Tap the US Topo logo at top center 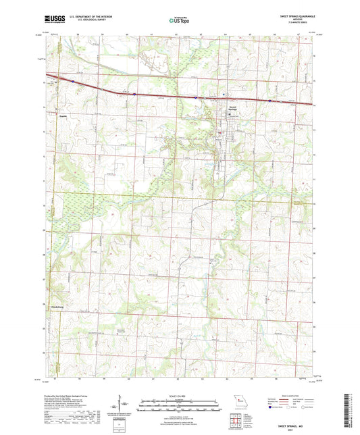pos(179,21)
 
